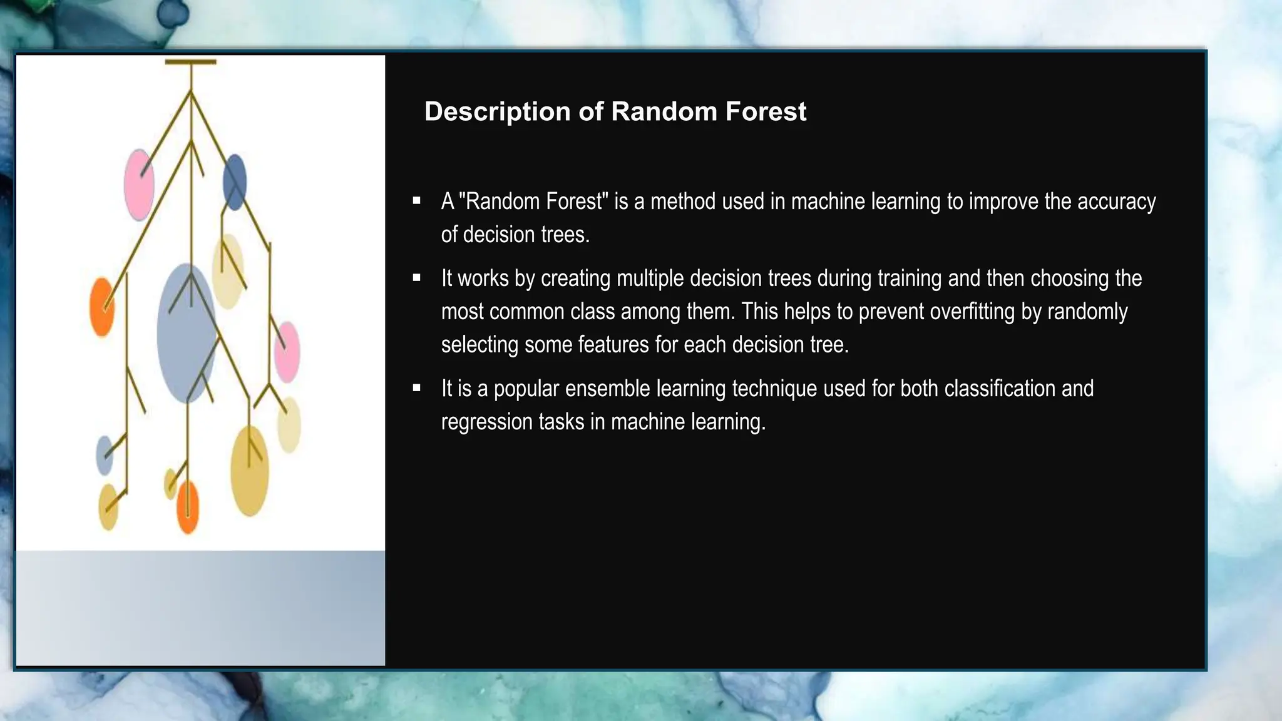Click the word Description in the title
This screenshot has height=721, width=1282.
tap(497, 112)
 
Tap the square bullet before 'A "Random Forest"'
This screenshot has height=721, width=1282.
tap(417, 201)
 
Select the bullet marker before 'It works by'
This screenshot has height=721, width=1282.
tap(417, 278)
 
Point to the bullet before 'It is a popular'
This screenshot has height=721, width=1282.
tap(417, 388)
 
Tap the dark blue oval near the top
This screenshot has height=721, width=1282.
tap(235, 182)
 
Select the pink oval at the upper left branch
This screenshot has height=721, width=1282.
tap(138, 185)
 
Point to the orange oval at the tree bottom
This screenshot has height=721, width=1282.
tap(188, 507)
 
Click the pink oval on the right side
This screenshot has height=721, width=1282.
tap(287, 352)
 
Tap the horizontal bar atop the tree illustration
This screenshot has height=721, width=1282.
tap(190, 62)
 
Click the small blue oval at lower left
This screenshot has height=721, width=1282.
tap(105, 455)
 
